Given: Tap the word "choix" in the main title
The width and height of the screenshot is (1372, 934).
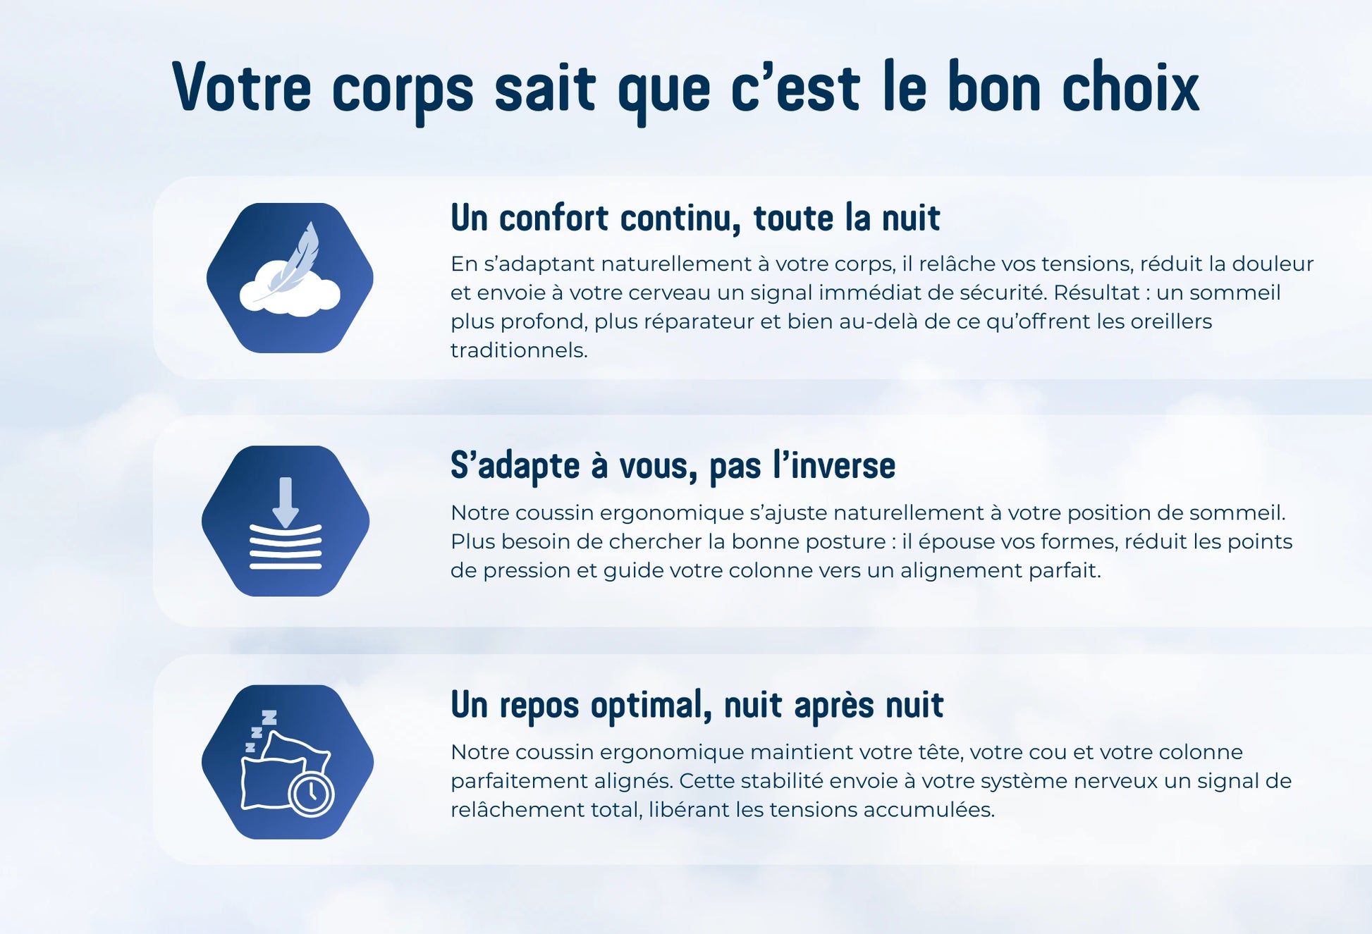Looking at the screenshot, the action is click(x=1130, y=87).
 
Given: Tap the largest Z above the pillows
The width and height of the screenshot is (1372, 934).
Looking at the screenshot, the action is click(x=269, y=718).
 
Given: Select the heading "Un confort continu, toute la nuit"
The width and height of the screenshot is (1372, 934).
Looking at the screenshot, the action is click(x=695, y=217).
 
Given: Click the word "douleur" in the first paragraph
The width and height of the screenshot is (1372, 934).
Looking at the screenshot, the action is click(x=1273, y=264).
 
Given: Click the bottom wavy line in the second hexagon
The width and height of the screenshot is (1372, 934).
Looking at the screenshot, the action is click(x=286, y=565).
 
